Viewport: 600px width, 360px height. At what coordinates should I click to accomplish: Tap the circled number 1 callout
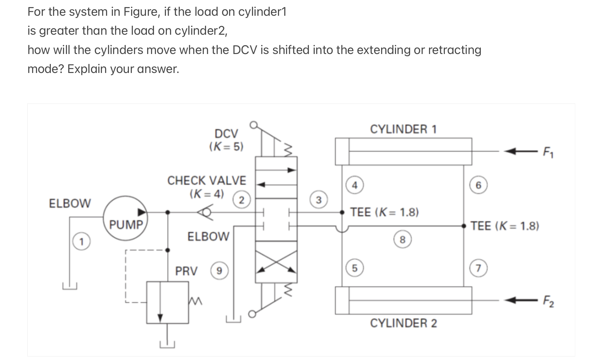[81, 241]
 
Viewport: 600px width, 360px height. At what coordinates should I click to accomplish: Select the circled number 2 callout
[241, 200]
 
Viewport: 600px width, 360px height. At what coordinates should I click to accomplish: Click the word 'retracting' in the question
[454, 50]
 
